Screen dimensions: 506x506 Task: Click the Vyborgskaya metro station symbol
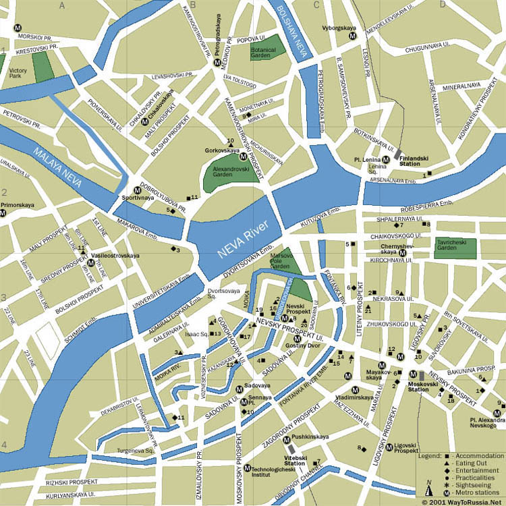click(x=352, y=38)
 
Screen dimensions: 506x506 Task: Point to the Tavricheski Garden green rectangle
click(x=455, y=247)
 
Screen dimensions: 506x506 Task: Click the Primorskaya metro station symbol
click(x=3, y=213)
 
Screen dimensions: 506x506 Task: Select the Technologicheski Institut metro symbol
click(x=248, y=468)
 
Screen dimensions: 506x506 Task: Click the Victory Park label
click(x=18, y=73)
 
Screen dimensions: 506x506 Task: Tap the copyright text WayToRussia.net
click(x=462, y=501)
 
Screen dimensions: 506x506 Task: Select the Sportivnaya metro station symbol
click(x=137, y=190)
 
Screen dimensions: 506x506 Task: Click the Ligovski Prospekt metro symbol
click(x=389, y=447)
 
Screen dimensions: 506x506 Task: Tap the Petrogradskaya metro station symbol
click(x=217, y=62)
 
